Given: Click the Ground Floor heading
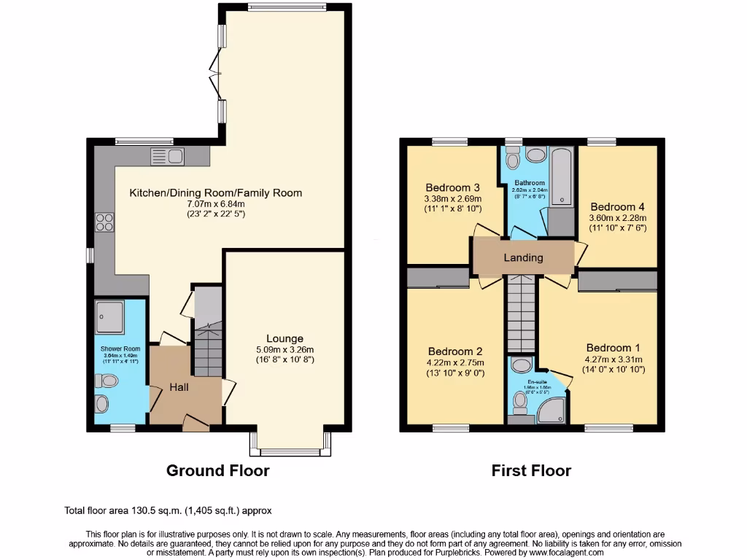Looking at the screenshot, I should [x=217, y=470].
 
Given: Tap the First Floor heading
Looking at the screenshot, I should [x=531, y=470].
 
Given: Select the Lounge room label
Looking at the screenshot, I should [x=285, y=338].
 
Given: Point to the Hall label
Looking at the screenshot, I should [x=179, y=386].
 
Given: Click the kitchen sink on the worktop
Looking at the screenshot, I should [x=167, y=155].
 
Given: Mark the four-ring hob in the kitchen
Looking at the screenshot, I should [x=104, y=222].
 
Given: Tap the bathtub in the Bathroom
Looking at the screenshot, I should [x=562, y=175].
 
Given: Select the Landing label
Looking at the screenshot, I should [x=523, y=257].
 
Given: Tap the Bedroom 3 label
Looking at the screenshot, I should [x=453, y=186].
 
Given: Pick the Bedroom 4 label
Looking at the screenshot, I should [x=618, y=206].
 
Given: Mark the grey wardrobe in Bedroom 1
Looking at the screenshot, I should [x=618, y=282].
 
